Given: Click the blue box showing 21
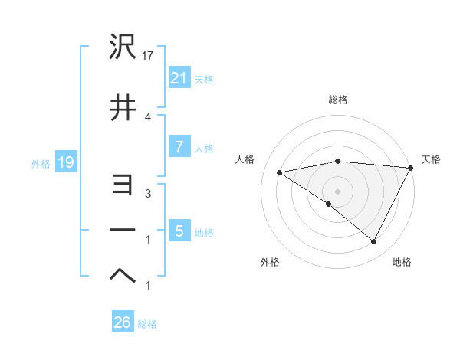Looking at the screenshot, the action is pyautogui.click(x=179, y=78).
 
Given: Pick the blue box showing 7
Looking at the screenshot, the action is pyautogui.click(x=179, y=148).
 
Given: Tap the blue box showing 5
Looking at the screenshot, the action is pyautogui.click(x=179, y=231).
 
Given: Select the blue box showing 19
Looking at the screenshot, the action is pyautogui.click(x=64, y=162).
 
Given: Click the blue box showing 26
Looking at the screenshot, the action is pyautogui.click(x=122, y=322).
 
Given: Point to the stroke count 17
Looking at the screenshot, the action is pyautogui.click(x=149, y=56).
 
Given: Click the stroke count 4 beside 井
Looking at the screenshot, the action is pyautogui.click(x=148, y=116).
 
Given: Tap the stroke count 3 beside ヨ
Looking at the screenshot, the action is pyautogui.click(x=148, y=194).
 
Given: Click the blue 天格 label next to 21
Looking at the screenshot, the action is pyautogui.click(x=204, y=79).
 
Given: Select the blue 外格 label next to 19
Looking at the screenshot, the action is pyautogui.click(x=40, y=163).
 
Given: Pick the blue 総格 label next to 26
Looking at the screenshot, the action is pyautogui.click(x=147, y=323).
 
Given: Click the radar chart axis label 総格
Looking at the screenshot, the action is pyautogui.click(x=337, y=100).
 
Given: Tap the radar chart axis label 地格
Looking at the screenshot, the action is pyautogui.click(x=402, y=262).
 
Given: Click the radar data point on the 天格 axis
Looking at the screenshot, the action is pyautogui.click(x=411, y=168).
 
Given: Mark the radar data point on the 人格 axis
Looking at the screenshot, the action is pyautogui.click(x=280, y=172).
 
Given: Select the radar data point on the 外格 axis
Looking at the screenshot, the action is pyautogui.click(x=328, y=205).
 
